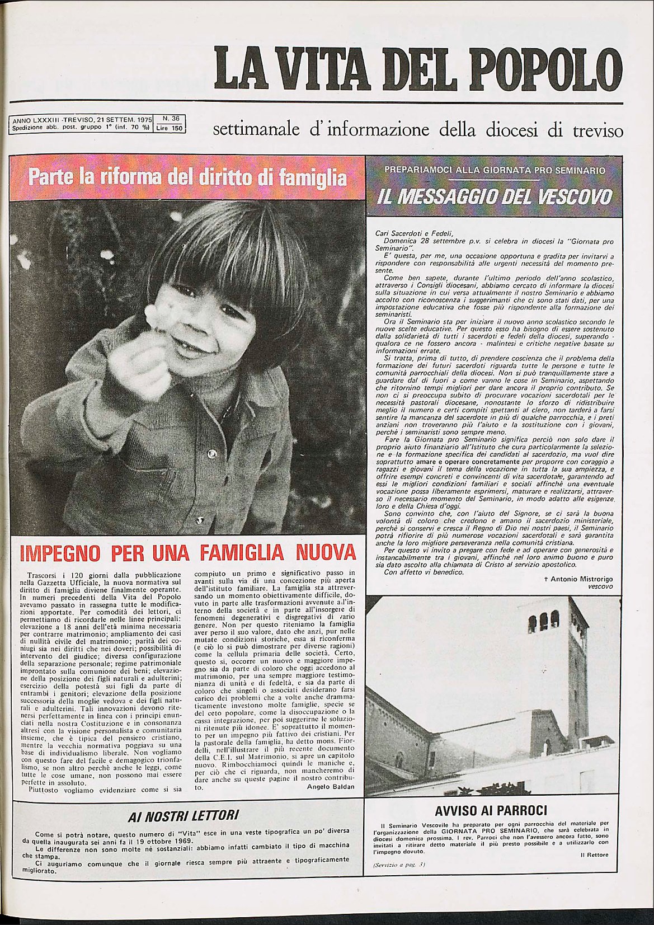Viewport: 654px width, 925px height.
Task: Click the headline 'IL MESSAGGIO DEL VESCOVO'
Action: (495, 197)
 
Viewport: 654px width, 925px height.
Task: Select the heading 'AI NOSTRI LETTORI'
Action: (183, 815)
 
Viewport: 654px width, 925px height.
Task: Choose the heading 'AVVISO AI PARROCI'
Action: (491, 810)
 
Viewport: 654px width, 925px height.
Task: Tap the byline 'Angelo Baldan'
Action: (331, 786)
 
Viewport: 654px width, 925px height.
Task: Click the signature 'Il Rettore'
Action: (594, 854)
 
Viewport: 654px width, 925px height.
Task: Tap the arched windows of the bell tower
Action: (543, 621)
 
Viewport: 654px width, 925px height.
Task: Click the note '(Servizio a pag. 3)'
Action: (399, 865)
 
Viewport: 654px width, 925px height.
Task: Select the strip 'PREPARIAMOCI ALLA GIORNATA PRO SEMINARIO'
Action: (495, 170)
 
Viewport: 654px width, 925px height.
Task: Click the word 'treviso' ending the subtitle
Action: (598, 132)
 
